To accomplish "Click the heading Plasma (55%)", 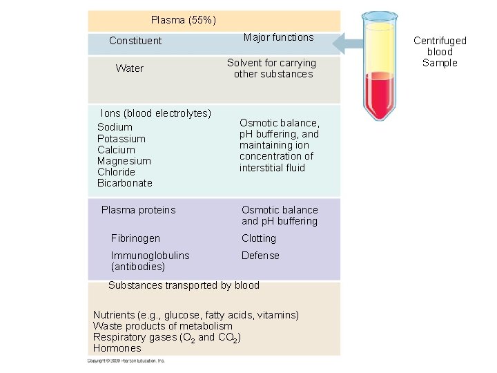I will coord(183,20).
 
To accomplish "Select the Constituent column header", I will coord(135,41).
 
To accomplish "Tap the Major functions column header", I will coord(278,37).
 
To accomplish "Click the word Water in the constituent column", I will coord(130,68).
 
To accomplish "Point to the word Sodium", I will coord(115,127).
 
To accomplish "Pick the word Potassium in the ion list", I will coord(121,139).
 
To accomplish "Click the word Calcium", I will coord(116,150).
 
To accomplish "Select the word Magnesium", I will coord(124,161).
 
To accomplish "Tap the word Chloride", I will coord(116,172).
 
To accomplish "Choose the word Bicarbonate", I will coord(125,183).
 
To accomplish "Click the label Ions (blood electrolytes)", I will coord(156,113).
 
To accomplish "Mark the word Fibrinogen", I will coord(135,238).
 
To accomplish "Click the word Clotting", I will coord(259,238).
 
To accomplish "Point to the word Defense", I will coord(260,256).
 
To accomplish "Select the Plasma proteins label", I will coord(138,210).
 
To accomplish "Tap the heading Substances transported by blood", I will coord(184,285).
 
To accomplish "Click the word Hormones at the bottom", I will coord(117,348).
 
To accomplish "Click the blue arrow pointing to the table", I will coord(349,44).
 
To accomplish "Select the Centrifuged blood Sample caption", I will coord(440,52).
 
